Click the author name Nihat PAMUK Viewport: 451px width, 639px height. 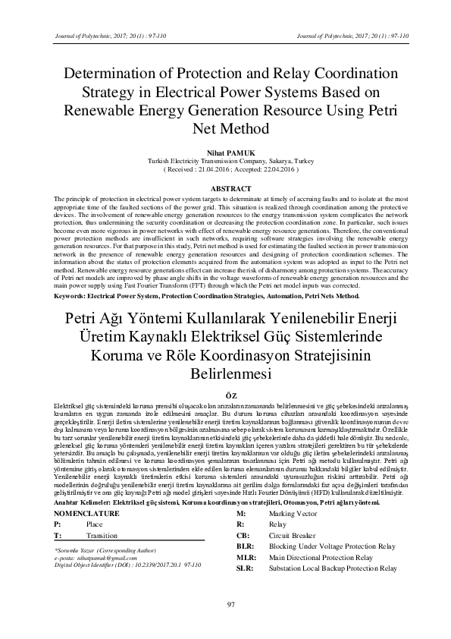click(225, 152)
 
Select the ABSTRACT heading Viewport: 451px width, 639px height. click(225, 188)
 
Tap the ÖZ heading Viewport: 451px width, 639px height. click(225, 395)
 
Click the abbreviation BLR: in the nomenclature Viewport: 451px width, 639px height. click(245, 546)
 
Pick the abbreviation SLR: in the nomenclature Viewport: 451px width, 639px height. click(245, 568)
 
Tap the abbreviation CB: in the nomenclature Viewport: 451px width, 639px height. click(243, 535)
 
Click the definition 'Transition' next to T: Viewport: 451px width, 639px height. click(102, 535)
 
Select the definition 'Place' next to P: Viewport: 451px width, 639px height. click(95, 524)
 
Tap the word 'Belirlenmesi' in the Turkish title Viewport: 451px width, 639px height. click(225, 374)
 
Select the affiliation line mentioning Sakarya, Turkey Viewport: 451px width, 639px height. click(225, 162)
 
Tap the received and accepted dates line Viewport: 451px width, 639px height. click(225, 171)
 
